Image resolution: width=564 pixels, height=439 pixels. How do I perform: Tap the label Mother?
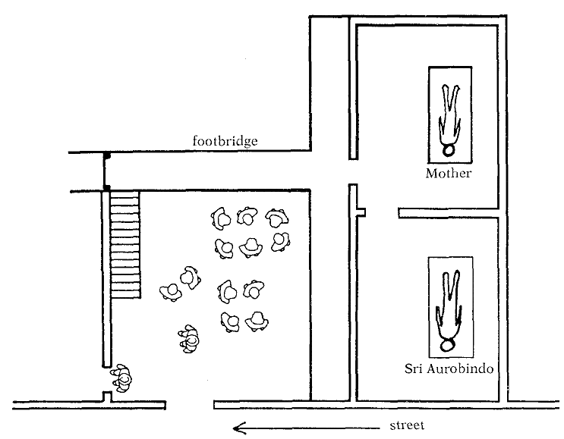(449, 173)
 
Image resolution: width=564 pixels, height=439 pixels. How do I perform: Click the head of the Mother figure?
(450, 149)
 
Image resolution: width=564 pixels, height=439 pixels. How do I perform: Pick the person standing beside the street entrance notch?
(122, 377)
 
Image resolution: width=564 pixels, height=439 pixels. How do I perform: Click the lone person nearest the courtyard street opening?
(189, 338)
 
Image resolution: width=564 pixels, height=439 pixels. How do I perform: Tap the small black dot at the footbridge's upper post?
(107, 155)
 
